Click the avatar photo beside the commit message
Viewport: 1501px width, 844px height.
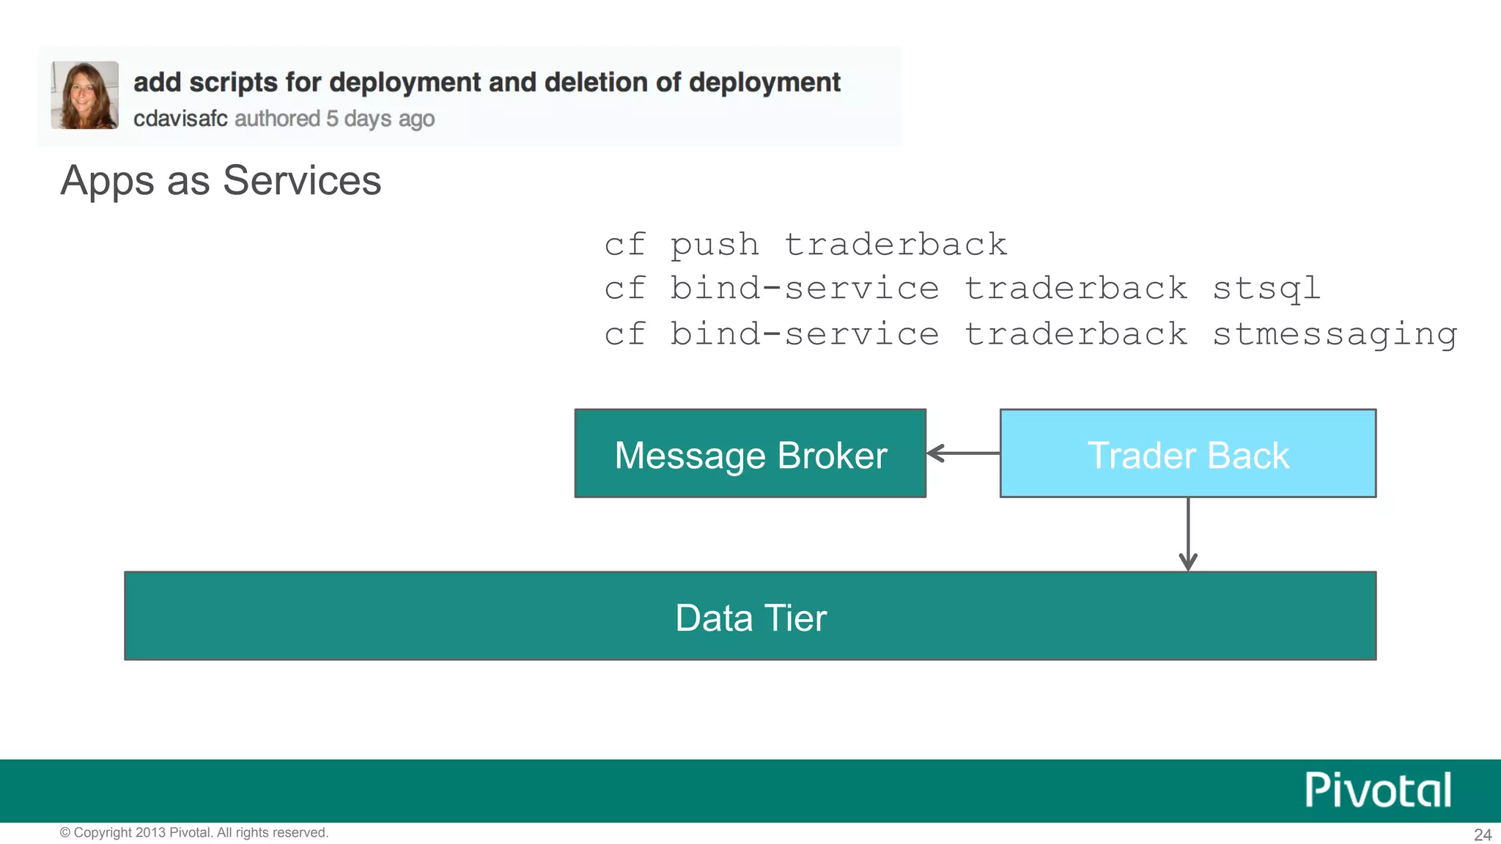point(84,95)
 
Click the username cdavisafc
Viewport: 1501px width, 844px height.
point(180,119)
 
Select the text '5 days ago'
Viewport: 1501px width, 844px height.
point(380,119)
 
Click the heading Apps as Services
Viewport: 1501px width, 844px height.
point(221,180)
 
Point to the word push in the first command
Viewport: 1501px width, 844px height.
point(715,245)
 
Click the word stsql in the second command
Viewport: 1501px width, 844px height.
point(1266,289)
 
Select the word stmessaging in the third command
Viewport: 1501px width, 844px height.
point(1335,335)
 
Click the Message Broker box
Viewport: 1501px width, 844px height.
point(750,454)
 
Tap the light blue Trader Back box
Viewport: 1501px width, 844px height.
point(1187,454)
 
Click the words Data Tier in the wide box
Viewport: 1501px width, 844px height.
point(750,618)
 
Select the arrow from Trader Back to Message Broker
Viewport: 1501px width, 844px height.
point(963,454)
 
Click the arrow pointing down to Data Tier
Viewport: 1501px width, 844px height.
point(1188,535)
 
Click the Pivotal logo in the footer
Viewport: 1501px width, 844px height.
point(1377,790)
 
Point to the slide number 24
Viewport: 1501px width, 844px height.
point(1482,834)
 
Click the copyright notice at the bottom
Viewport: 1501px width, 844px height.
point(194,832)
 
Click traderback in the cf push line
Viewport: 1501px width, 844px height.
point(896,245)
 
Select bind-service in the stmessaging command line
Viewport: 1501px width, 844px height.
point(804,335)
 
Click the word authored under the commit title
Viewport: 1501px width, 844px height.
point(277,119)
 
